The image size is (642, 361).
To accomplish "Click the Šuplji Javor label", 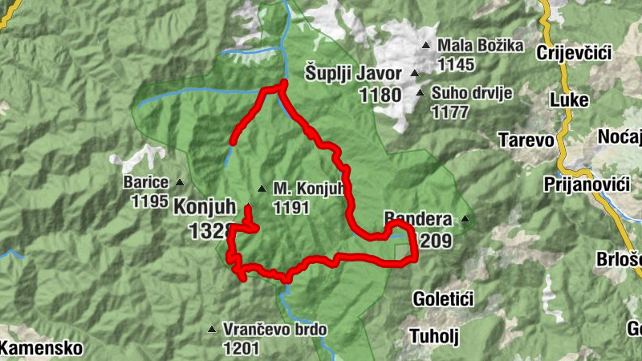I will (353, 73).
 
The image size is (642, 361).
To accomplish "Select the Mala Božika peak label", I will (481, 45).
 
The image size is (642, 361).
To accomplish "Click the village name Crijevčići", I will (575, 53).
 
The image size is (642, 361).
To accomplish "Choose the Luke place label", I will (569, 100).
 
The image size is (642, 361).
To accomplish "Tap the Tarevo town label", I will (526, 140).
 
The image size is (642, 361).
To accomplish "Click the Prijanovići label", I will (595, 185).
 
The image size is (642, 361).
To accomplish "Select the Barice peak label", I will (145, 182).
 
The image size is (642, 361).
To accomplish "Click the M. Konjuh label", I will (308, 189).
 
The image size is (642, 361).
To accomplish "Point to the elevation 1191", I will (291, 208).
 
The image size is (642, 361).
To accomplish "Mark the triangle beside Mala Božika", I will (425, 45).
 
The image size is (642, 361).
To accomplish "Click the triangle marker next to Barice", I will (179, 182).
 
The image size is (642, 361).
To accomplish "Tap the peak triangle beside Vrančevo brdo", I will (212, 329).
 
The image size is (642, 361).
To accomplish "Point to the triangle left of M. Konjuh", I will (261, 189).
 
